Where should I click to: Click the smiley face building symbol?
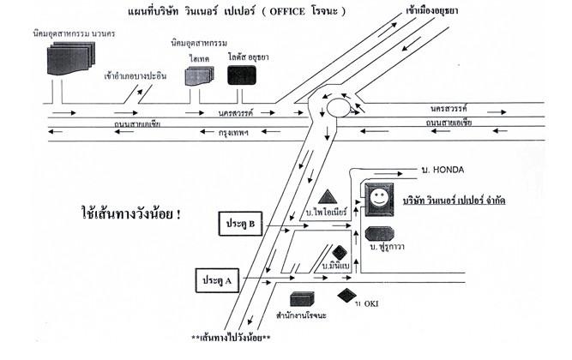point(378,199)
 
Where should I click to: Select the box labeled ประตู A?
point(214,280)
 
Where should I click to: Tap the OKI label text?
point(370,303)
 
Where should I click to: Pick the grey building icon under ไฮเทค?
point(199,75)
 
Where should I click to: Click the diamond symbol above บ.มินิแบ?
point(340,252)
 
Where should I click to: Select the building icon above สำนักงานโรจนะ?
point(301,300)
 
